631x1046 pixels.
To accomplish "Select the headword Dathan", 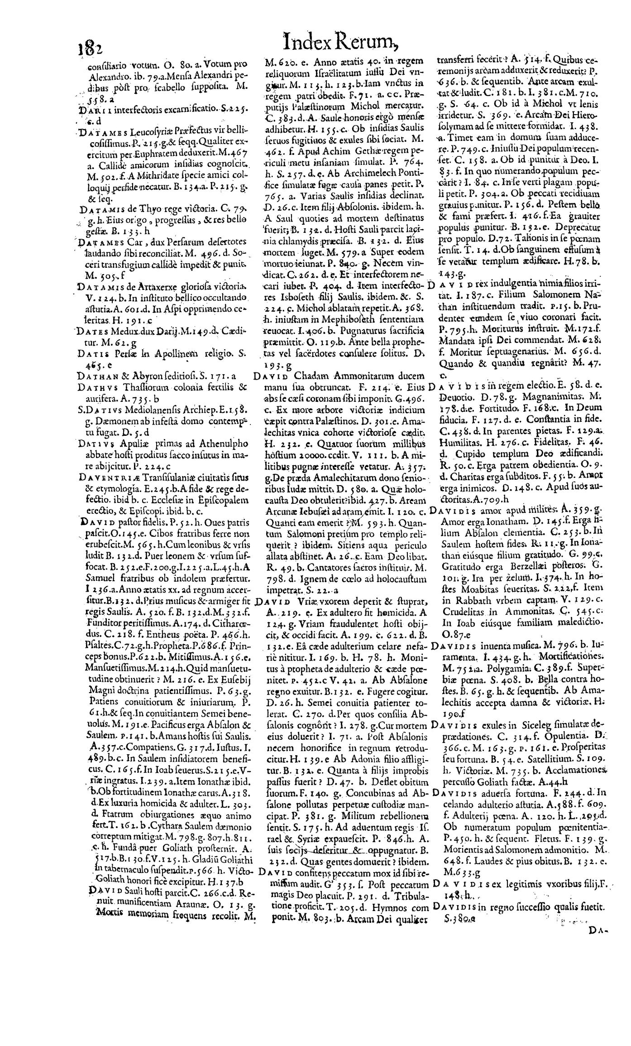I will point(95,375).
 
